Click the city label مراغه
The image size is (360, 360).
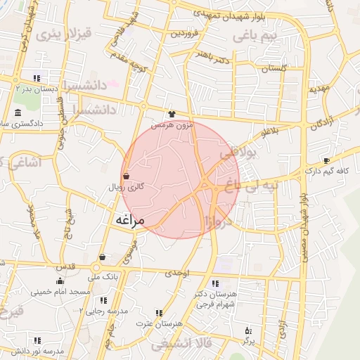(128, 220)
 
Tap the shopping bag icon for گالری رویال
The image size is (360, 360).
(126, 176)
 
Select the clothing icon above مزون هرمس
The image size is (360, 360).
(172, 113)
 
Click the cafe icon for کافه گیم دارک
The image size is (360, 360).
(326, 161)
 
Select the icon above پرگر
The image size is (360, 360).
(247, 330)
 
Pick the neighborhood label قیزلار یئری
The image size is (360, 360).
(60, 32)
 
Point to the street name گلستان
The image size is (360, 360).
(276, 70)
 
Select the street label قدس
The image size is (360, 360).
(65, 267)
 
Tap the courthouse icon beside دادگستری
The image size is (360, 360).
(18, 113)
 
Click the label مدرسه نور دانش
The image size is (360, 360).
(44, 350)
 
